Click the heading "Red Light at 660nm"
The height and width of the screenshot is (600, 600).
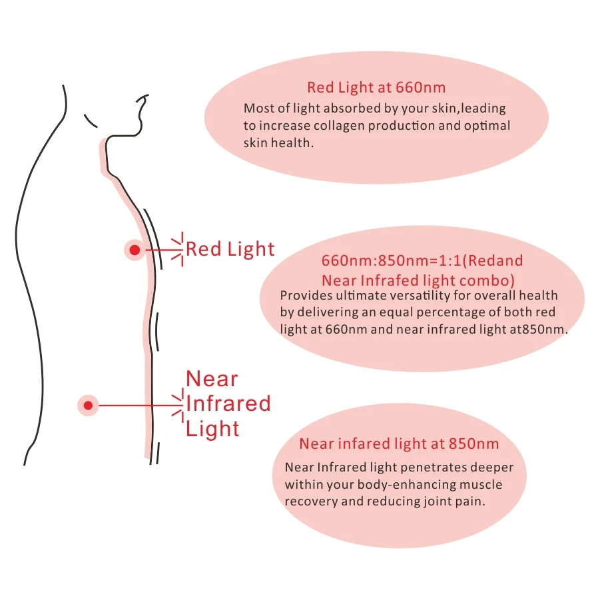click(x=376, y=87)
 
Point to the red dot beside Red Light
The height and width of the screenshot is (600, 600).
click(x=135, y=250)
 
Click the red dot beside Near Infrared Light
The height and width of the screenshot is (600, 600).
click(x=88, y=405)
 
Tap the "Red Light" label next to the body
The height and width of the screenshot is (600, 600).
click(x=230, y=250)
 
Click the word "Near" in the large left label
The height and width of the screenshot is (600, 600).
click(x=212, y=379)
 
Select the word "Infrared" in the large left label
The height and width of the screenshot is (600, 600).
click(x=228, y=404)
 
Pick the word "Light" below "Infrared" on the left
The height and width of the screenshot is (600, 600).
click(x=212, y=429)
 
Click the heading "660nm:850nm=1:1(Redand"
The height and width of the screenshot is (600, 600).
click(x=422, y=261)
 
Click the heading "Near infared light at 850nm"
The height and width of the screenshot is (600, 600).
click(x=399, y=444)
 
